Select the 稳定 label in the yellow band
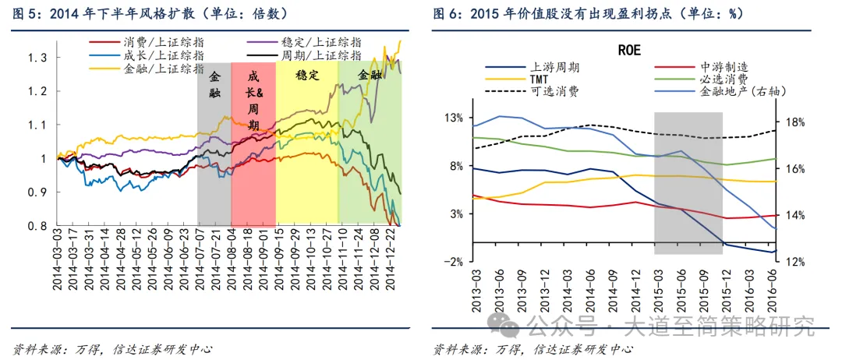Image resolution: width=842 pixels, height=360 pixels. click(307, 76)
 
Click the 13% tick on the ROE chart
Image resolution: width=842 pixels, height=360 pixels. click(454, 118)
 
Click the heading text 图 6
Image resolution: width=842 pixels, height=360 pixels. click(448, 13)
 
